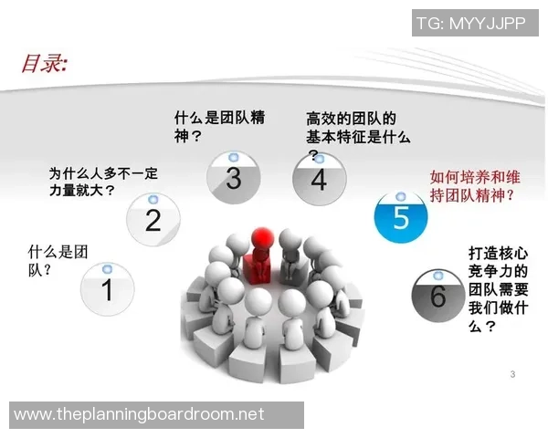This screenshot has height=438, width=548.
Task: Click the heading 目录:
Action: [x=45, y=64]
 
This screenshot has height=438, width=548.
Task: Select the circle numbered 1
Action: [x=107, y=289]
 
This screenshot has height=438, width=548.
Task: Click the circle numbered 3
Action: [x=233, y=177]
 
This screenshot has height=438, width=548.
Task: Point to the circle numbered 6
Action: [x=437, y=296]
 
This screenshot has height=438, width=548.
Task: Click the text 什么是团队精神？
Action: [x=219, y=127]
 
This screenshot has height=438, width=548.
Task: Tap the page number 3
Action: [x=512, y=375]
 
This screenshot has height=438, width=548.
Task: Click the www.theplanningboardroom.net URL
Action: [x=140, y=414]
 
